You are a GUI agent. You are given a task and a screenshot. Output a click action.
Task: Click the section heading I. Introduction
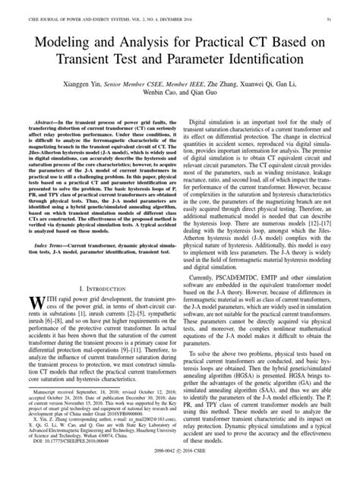click(101, 310)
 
